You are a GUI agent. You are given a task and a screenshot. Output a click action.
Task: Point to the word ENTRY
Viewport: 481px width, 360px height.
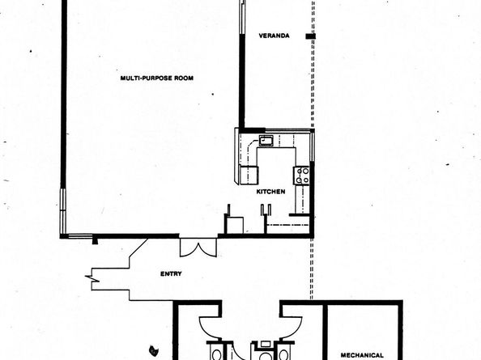pos(172,273)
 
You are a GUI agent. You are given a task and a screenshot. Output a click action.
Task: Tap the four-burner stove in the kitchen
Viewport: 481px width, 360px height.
pos(303,175)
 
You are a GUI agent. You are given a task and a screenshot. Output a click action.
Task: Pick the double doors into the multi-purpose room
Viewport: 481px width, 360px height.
pos(198,247)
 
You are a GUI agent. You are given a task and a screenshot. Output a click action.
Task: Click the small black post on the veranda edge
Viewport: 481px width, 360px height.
pos(309,37)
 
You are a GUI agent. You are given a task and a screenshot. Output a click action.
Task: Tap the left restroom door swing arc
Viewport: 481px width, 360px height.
pos(208,327)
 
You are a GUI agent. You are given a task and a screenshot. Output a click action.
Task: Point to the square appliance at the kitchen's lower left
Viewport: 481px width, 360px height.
pos(234,224)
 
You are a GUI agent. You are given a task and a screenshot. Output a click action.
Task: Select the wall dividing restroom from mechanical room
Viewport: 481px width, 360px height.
pos(324,332)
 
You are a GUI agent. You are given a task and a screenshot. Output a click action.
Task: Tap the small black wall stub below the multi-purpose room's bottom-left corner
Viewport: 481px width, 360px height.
pos(96,239)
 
